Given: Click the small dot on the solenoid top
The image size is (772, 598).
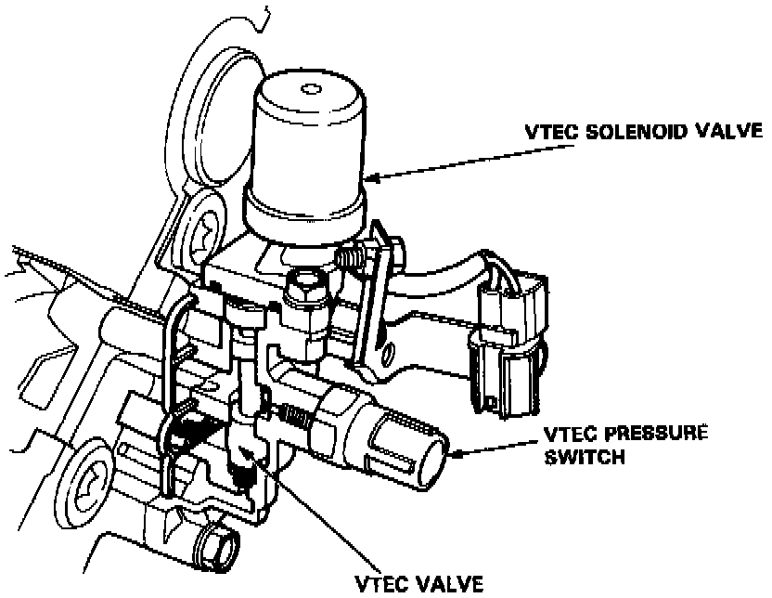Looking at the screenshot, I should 306,91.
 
